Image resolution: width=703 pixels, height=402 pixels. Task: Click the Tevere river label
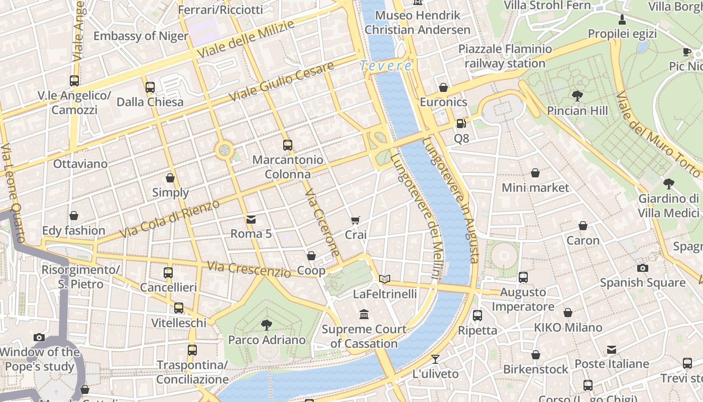[x=386, y=66]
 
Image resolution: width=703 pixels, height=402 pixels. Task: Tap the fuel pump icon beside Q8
[x=460, y=123]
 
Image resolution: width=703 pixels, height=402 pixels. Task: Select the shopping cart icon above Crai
[x=356, y=220]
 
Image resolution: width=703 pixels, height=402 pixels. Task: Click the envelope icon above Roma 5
[x=251, y=219]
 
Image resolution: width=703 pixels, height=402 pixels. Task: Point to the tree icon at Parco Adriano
[x=267, y=325]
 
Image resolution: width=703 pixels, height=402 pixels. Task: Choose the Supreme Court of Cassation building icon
[x=364, y=315]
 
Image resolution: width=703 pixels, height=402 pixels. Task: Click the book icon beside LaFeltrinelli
[x=385, y=279]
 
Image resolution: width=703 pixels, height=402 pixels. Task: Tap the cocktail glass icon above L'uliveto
[x=435, y=359]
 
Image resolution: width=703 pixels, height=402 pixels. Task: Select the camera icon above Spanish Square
[x=642, y=268]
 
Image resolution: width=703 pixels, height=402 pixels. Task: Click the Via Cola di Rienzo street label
[x=170, y=220]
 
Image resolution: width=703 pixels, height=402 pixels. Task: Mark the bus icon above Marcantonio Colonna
[x=287, y=145]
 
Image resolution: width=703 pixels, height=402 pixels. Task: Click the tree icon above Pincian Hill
[x=577, y=95]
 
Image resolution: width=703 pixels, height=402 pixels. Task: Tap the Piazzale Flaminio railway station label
[x=505, y=56]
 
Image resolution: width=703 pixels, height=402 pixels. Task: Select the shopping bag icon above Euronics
[x=443, y=87]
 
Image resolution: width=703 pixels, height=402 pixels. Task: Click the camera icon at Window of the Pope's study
[x=39, y=337]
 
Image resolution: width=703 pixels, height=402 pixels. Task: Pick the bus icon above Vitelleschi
[x=179, y=308]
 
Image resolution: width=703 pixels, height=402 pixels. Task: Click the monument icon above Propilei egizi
[x=622, y=20]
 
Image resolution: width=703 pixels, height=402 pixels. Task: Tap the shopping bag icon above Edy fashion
[x=74, y=216]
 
